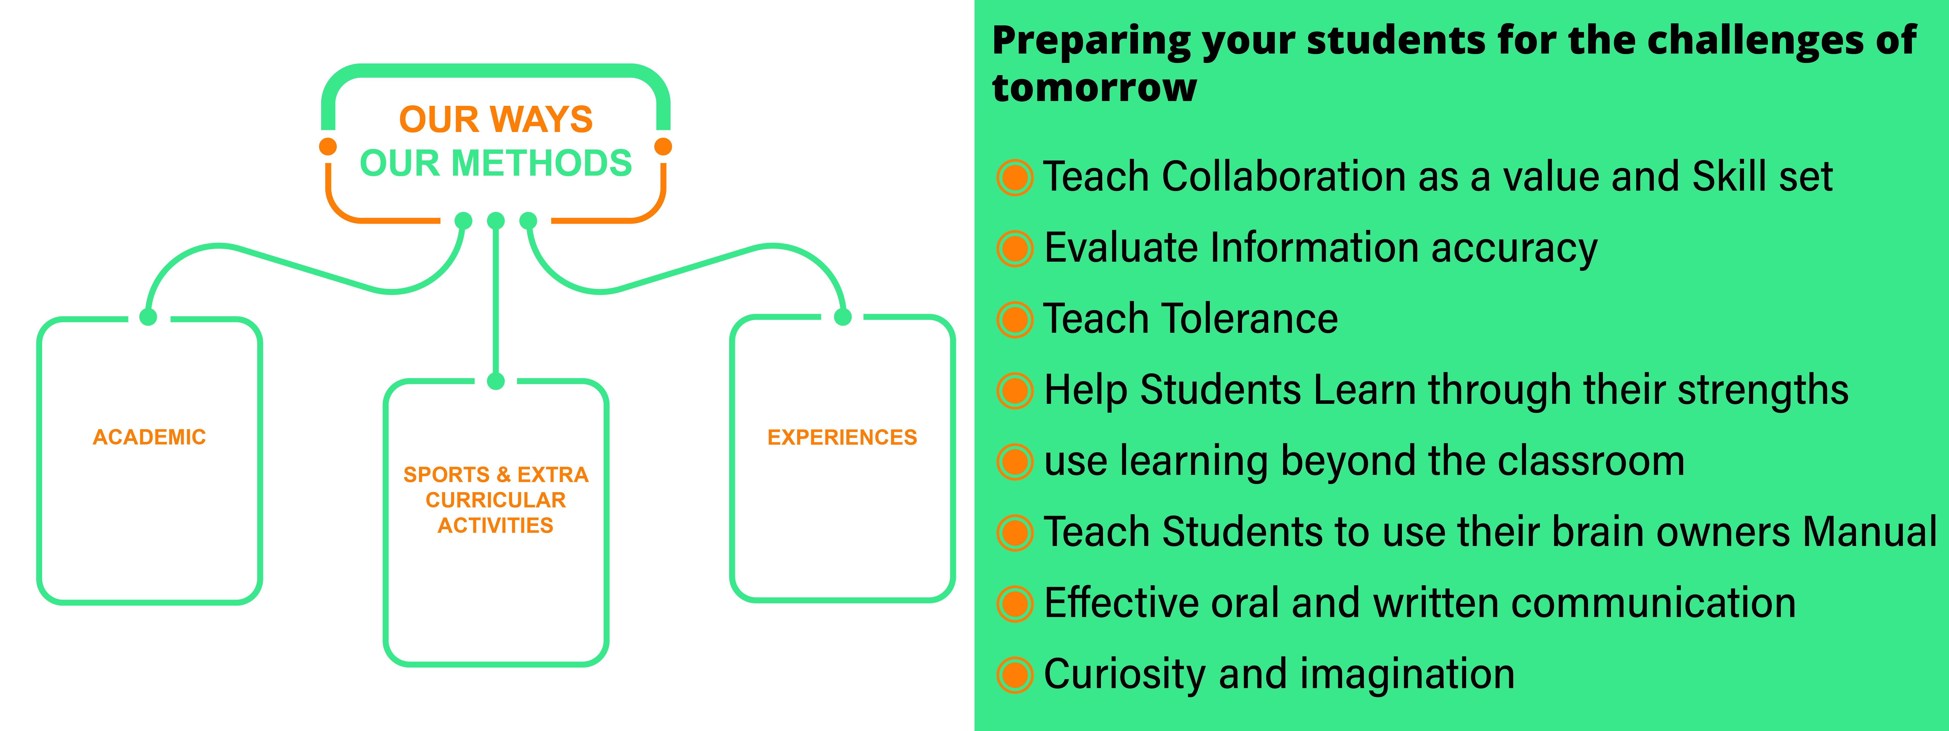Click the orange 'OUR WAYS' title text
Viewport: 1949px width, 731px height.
[496, 120]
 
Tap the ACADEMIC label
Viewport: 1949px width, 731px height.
[149, 437]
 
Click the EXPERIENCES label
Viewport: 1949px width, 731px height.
[842, 437]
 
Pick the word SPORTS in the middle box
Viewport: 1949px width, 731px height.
[446, 474]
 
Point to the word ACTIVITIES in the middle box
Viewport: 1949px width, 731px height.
[496, 525]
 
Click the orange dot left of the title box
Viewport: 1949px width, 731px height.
[328, 146]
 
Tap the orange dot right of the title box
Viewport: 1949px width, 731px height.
[664, 146]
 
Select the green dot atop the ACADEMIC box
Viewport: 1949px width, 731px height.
[148, 317]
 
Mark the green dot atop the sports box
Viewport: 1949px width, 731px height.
[496, 381]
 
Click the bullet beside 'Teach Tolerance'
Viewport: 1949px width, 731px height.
[1015, 319]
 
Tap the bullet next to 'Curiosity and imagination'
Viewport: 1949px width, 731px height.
[1015, 675]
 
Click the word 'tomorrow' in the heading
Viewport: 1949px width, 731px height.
[1094, 88]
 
